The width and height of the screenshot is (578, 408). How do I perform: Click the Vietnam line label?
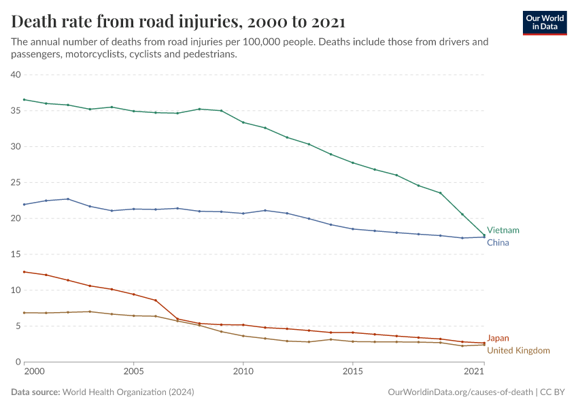[503, 231]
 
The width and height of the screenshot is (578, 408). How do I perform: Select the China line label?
[498, 243]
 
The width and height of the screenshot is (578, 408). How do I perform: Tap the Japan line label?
[498, 338]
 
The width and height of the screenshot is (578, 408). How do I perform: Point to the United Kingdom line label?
[518, 350]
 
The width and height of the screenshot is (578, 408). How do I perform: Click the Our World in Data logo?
[545, 22]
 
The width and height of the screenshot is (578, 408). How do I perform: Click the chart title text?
[178, 22]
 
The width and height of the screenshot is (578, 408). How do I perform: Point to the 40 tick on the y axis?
[16, 75]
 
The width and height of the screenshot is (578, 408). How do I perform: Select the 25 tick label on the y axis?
[16, 182]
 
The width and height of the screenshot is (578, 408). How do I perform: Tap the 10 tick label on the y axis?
[16, 290]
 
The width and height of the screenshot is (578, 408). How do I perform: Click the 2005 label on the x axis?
[133, 373]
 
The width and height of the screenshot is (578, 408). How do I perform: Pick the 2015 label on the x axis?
[352, 373]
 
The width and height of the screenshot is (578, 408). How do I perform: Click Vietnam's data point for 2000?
[24, 100]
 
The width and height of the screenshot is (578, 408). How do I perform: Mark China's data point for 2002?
[68, 199]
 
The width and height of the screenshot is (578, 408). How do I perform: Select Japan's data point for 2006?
[156, 300]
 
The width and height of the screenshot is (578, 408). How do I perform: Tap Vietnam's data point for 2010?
[243, 122]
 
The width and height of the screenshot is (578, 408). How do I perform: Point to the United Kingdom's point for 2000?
[24, 313]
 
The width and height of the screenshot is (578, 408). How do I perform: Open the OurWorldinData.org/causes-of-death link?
[460, 392]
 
